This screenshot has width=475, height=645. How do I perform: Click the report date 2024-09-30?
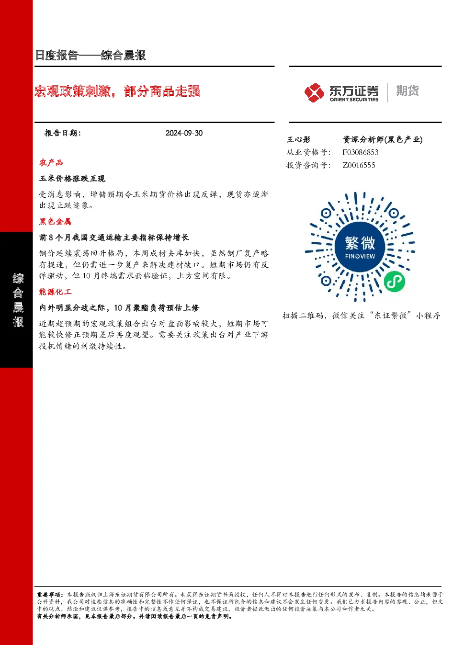pyautogui.click(x=184, y=133)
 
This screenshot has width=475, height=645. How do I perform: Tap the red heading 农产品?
pyautogui.click(x=51, y=163)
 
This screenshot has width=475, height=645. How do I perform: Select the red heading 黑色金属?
pyautogui.click(x=55, y=221)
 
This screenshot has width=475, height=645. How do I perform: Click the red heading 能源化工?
pyautogui.click(x=55, y=292)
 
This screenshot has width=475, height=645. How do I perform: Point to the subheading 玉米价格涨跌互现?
pyautogui.click(x=72, y=179)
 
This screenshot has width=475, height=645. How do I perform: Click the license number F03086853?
pyautogui.click(x=360, y=152)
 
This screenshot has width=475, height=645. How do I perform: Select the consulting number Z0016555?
pyautogui.click(x=359, y=165)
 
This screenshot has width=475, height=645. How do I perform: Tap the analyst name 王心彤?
pyautogui.click(x=298, y=140)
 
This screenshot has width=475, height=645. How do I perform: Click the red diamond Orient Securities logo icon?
pyautogui.click(x=314, y=93)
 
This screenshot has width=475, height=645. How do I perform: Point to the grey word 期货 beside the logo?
pyautogui.click(x=407, y=91)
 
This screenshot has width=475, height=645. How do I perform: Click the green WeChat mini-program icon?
pyautogui.click(x=394, y=282)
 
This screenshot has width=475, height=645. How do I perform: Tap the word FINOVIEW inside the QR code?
pyautogui.click(x=360, y=256)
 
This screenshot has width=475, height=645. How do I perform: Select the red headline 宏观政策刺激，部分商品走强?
pyautogui.click(x=117, y=91)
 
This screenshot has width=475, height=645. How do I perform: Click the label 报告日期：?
pyautogui.click(x=63, y=133)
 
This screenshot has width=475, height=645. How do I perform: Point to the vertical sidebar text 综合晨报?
pyautogui.click(x=18, y=300)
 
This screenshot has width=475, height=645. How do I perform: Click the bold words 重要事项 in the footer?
pyautogui.click(x=49, y=595)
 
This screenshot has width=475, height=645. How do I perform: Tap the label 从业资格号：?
pyautogui.click(x=308, y=152)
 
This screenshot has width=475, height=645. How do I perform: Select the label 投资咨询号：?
pyautogui.click(x=308, y=165)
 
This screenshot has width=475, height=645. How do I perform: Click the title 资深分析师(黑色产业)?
pyautogui.click(x=383, y=140)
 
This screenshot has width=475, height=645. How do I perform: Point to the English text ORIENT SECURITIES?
pyautogui.click(x=354, y=99)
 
